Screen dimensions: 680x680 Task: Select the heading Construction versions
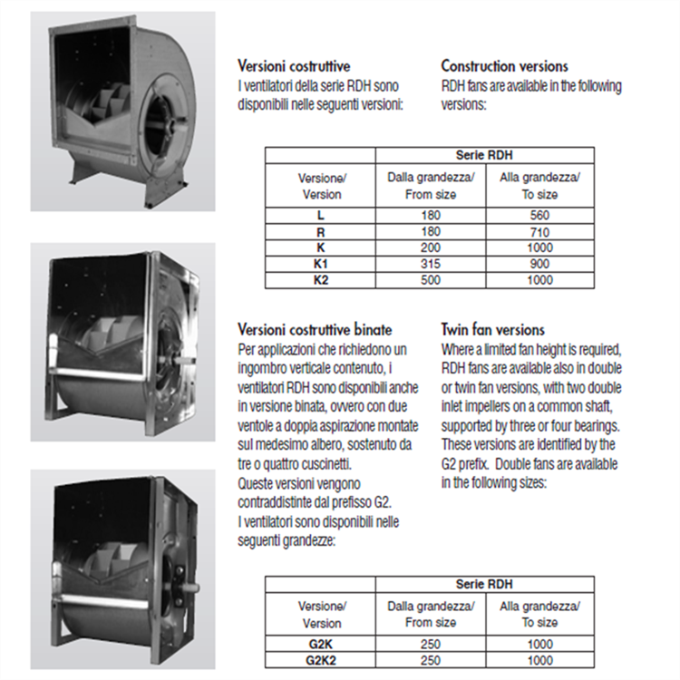coord(504,66)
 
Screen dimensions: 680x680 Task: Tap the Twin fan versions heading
coord(492,330)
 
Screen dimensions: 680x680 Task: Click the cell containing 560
coord(539,216)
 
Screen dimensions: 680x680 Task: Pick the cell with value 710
coord(539,232)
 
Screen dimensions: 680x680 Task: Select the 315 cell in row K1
coord(431,264)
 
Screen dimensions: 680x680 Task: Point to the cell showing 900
coord(539,264)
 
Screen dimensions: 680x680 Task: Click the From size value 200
coord(431,248)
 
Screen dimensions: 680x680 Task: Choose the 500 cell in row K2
coord(431,280)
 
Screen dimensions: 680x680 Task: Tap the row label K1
coord(320,264)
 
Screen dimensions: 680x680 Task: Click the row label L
coord(320,216)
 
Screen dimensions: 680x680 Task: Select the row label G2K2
coord(320,661)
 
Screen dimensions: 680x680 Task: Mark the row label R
coord(320,232)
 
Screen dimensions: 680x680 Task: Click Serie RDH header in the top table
coord(485,155)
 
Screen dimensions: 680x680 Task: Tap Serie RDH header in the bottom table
coord(485,584)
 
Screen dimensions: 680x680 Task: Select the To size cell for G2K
coord(539,645)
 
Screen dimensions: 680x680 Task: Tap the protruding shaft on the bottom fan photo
coord(189,587)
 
